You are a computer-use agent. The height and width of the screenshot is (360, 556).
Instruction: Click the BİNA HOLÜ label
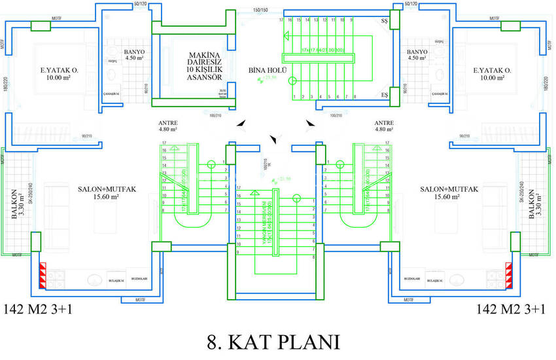(264, 69)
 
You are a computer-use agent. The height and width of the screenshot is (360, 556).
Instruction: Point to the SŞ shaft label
(385, 22)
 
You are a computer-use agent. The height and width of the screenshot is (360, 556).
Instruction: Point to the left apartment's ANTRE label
(168, 126)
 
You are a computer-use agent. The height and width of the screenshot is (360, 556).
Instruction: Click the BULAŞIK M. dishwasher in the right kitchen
(434, 280)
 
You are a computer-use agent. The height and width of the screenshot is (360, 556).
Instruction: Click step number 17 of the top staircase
(281, 21)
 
